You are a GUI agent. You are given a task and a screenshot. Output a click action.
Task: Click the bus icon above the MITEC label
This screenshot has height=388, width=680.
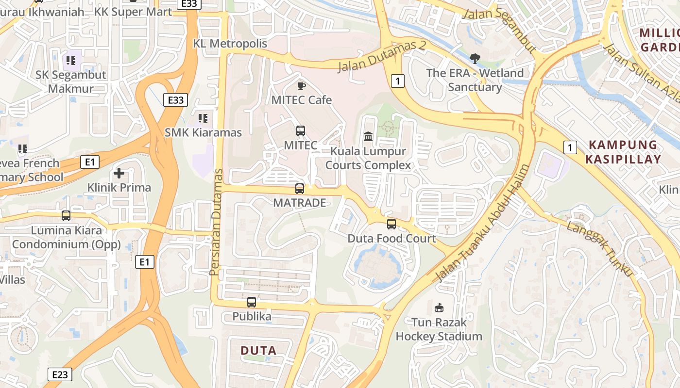[301, 130]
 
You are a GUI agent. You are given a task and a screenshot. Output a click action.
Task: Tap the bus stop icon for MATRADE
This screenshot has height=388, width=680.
[300, 189]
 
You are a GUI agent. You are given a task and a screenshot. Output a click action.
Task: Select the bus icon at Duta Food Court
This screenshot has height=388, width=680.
[391, 224]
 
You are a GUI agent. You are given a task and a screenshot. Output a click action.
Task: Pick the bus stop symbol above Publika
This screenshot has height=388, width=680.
[252, 302]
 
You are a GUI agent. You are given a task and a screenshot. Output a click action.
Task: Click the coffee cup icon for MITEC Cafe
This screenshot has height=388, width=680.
[301, 86]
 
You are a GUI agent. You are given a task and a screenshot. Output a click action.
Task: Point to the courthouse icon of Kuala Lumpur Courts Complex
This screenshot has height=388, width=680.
[368, 137]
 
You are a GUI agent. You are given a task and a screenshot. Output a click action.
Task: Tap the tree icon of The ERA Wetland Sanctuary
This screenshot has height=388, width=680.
[475, 59]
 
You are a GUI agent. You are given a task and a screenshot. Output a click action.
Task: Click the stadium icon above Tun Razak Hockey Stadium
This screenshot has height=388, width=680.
[439, 307]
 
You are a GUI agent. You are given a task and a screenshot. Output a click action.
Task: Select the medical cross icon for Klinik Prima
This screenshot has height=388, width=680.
[119, 173]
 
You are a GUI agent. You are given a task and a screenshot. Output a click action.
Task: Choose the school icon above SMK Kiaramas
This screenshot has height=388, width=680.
[203, 118]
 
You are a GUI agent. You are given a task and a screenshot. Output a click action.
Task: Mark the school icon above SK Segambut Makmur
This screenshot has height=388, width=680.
[71, 61]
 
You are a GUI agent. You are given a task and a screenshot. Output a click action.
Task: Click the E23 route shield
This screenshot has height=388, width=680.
[60, 374]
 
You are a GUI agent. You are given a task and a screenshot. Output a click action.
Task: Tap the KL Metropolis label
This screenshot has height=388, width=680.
[230, 44]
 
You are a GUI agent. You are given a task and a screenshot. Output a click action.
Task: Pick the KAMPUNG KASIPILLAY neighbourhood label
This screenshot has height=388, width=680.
[623, 152]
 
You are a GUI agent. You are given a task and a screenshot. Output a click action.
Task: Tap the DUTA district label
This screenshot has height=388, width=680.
[258, 350]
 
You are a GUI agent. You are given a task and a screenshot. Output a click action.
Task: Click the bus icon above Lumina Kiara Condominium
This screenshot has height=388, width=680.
[66, 216]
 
